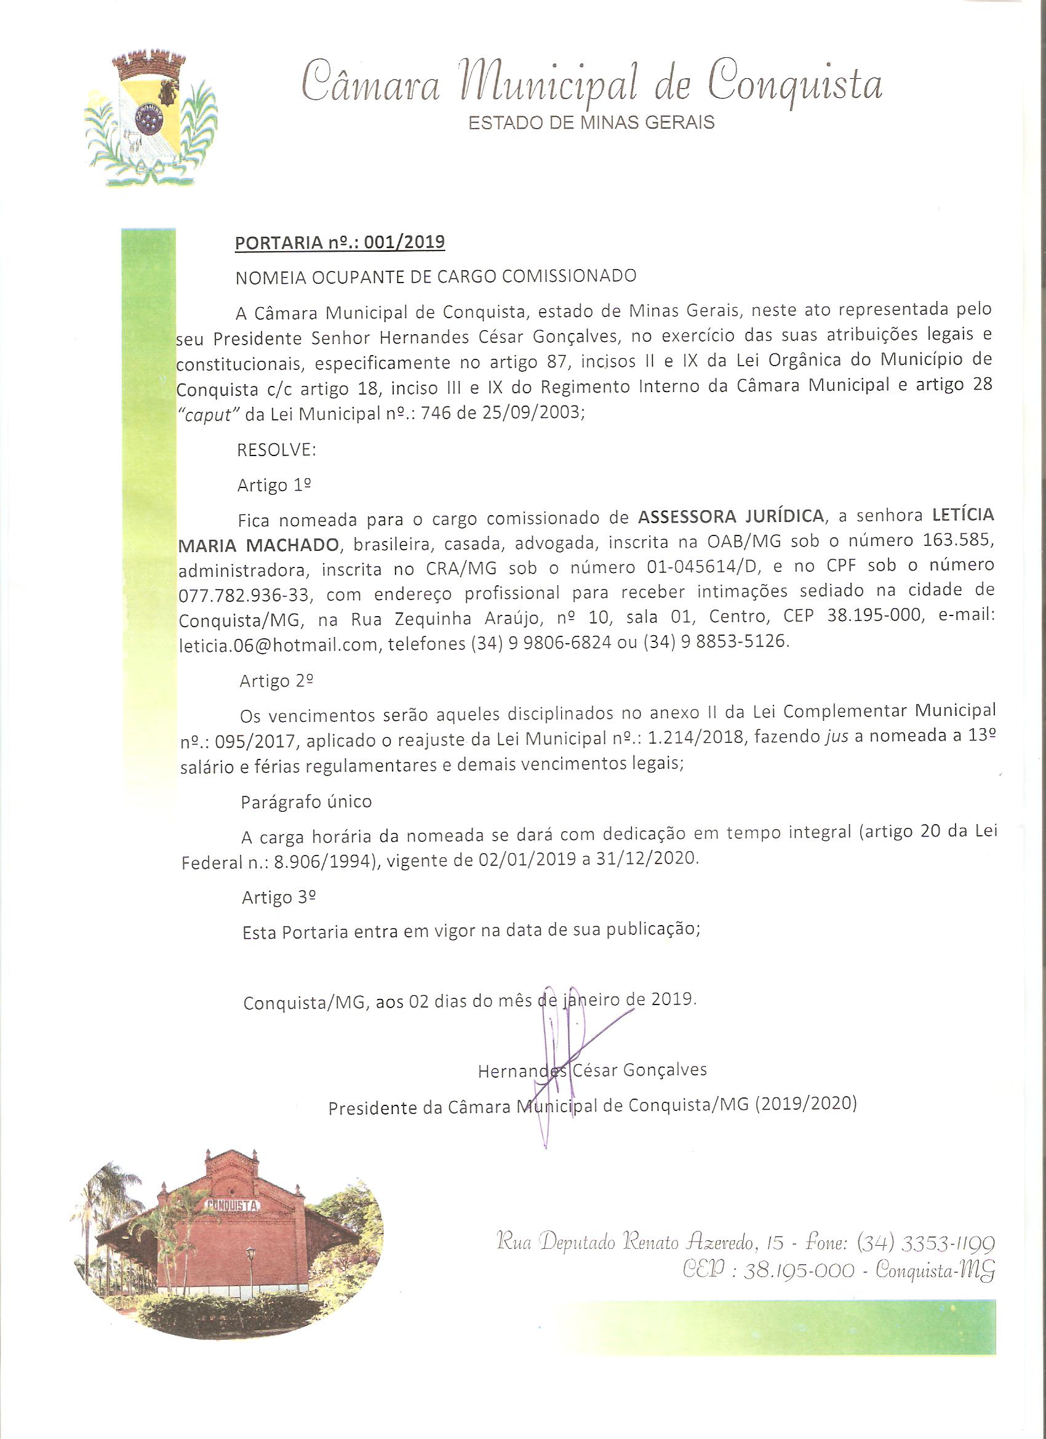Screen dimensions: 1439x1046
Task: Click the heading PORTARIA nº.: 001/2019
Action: [340, 243]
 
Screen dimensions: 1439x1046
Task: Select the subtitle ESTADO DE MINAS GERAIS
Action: [591, 122]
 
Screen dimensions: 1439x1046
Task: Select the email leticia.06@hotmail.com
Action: [279, 643]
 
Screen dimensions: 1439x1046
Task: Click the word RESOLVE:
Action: [276, 450]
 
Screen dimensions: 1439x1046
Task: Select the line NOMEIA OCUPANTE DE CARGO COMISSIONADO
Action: [436, 276]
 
